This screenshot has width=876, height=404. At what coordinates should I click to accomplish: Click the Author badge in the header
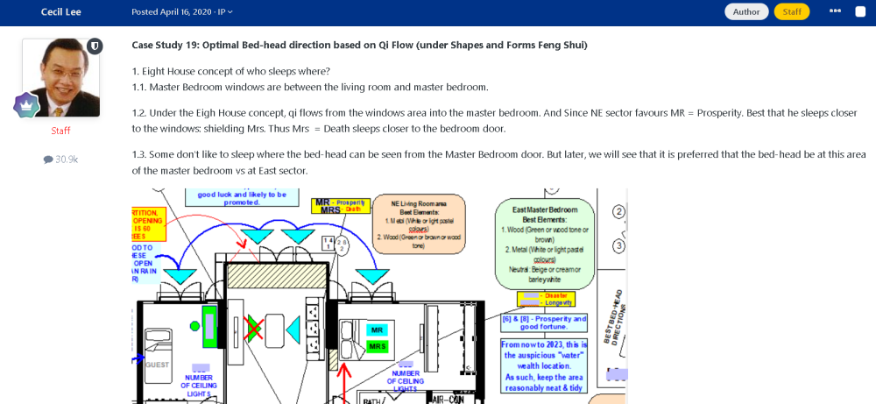(746, 11)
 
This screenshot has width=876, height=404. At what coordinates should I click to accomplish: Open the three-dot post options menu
(835, 11)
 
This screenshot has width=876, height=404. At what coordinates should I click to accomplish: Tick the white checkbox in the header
(860, 11)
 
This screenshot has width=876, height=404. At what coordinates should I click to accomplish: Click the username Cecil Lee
(61, 11)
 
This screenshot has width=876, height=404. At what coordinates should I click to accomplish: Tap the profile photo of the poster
(60, 77)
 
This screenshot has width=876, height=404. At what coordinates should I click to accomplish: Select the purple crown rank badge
(26, 105)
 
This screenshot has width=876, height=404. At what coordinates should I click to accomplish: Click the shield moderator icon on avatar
(95, 46)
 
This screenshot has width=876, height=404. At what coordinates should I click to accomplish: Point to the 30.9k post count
(60, 159)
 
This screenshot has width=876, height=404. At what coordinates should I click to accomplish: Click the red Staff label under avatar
(60, 131)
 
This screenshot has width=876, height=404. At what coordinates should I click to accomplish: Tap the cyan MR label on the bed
(378, 330)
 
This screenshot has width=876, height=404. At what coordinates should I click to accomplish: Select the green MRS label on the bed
(378, 346)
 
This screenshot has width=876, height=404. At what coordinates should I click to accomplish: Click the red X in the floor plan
(254, 330)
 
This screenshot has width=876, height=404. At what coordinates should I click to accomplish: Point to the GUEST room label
(158, 365)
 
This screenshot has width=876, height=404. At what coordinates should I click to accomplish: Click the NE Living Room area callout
(419, 223)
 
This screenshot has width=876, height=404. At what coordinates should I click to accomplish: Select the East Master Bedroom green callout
(544, 242)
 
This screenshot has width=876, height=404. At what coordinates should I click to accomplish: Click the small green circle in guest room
(194, 326)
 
